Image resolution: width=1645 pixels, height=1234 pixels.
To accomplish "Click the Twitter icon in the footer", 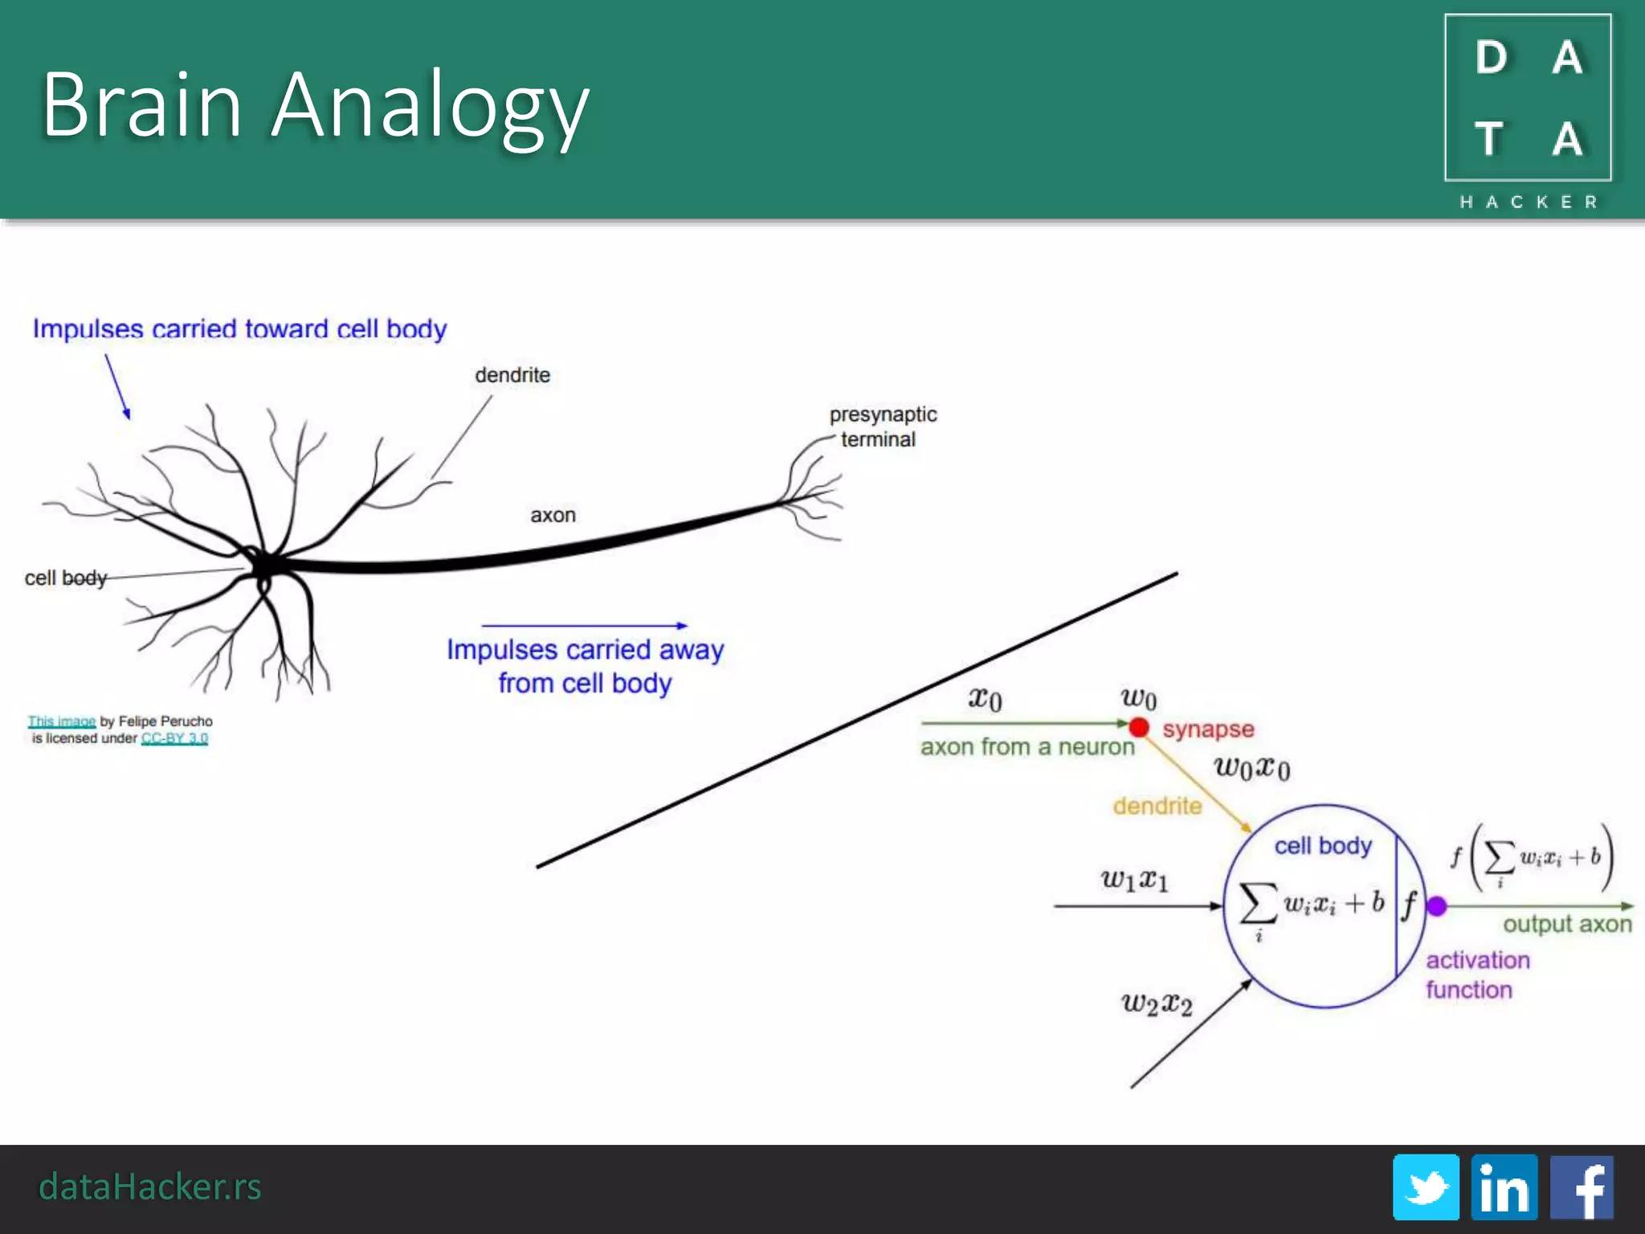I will pyautogui.click(x=1426, y=1187).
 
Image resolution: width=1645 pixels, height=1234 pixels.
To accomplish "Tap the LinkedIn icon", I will pyautogui.click(x=1504, y=1187).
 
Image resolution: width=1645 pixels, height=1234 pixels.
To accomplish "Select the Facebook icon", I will pyautogui.click(x=1581, y=1187).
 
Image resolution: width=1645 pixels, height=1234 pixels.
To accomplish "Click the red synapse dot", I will pyautogui.click(x=1138, y=727).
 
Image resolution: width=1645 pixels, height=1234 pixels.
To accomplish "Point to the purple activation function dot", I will pyautogui.click(x=1437, y=906).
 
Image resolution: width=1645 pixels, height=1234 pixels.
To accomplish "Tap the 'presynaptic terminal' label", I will pyautogui.click(x=882, y=427).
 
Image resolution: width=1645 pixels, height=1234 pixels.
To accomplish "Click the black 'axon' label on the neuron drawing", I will pyautogui.click(x=553, y=515).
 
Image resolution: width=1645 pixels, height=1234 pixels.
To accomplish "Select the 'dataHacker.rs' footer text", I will pyautogui.click(x=150, y=1187).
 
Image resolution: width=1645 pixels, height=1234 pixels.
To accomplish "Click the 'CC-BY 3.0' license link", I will pyautogui.click(x=174, y=738).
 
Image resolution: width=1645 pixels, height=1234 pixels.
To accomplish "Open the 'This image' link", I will pyautogui.click(x=62, y=721).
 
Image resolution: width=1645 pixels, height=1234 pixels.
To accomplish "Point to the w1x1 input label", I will pyautogui.click(x=1134, y=880).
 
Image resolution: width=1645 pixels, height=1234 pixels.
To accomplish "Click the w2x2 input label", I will pyautogui.click(x=1157, y=1003).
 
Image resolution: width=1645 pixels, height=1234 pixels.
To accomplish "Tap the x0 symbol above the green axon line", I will pyautogui.click(x=985, y=698).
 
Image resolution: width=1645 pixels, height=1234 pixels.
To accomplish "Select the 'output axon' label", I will pyautogui.click(x=1567, y=924).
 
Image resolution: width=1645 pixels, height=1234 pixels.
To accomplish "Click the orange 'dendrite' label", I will pyautogui.click(x=1157, y=806).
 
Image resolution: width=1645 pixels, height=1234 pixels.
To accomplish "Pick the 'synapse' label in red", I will pyautogui.click(x=1208, y=729).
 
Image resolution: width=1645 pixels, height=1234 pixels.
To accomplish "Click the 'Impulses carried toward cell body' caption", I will pyautogui.click(x=239, y=329).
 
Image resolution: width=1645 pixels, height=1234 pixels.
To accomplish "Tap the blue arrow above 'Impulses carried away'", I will pyautogui.click(x=584, y=625).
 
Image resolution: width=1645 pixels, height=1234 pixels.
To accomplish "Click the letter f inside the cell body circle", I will pyautogui.click(x=1409, y=905).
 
